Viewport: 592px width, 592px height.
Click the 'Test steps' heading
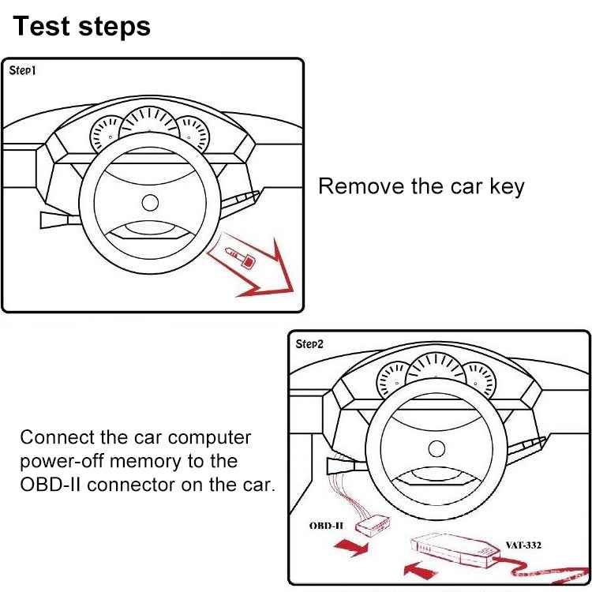click(x=81, y=26)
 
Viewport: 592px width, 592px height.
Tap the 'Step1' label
click(x=23, y=70)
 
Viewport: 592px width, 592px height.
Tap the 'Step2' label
click(x=309, y=343)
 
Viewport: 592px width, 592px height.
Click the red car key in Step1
click(x=238, y=256)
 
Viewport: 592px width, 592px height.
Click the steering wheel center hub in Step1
click(x=150, y=203)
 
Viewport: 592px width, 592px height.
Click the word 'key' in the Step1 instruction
click(x=504, y=187)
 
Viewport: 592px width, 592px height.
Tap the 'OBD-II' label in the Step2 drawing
click(x=326, y=524)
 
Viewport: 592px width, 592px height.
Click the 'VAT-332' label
click(x=523, y=545)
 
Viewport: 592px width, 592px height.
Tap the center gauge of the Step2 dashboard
click(x=435, y=371)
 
